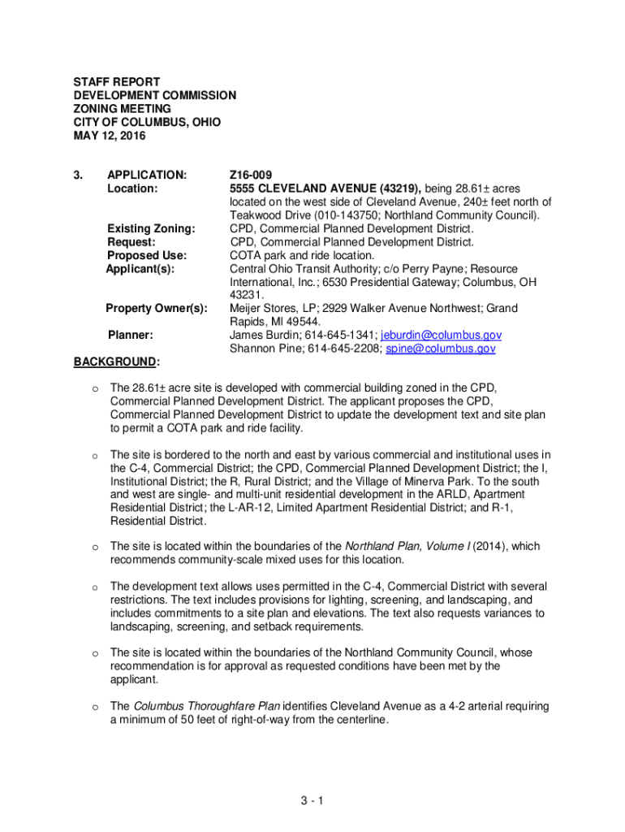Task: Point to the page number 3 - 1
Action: (x=312, y=801)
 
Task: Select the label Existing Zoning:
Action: (x=151, y=228)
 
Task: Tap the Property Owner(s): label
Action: (x=157, y=308)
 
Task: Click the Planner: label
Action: (x=131, y=335)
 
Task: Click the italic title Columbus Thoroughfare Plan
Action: (x=206, y=706)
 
